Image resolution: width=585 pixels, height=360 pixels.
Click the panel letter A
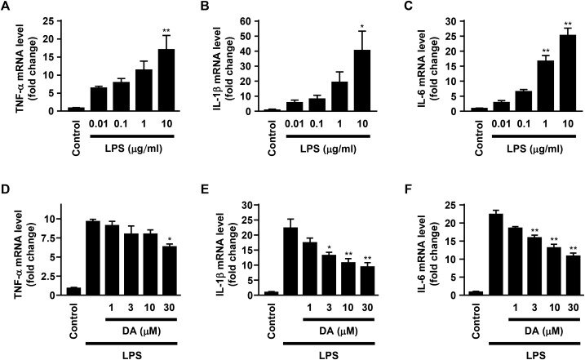(x=7, y=9)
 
